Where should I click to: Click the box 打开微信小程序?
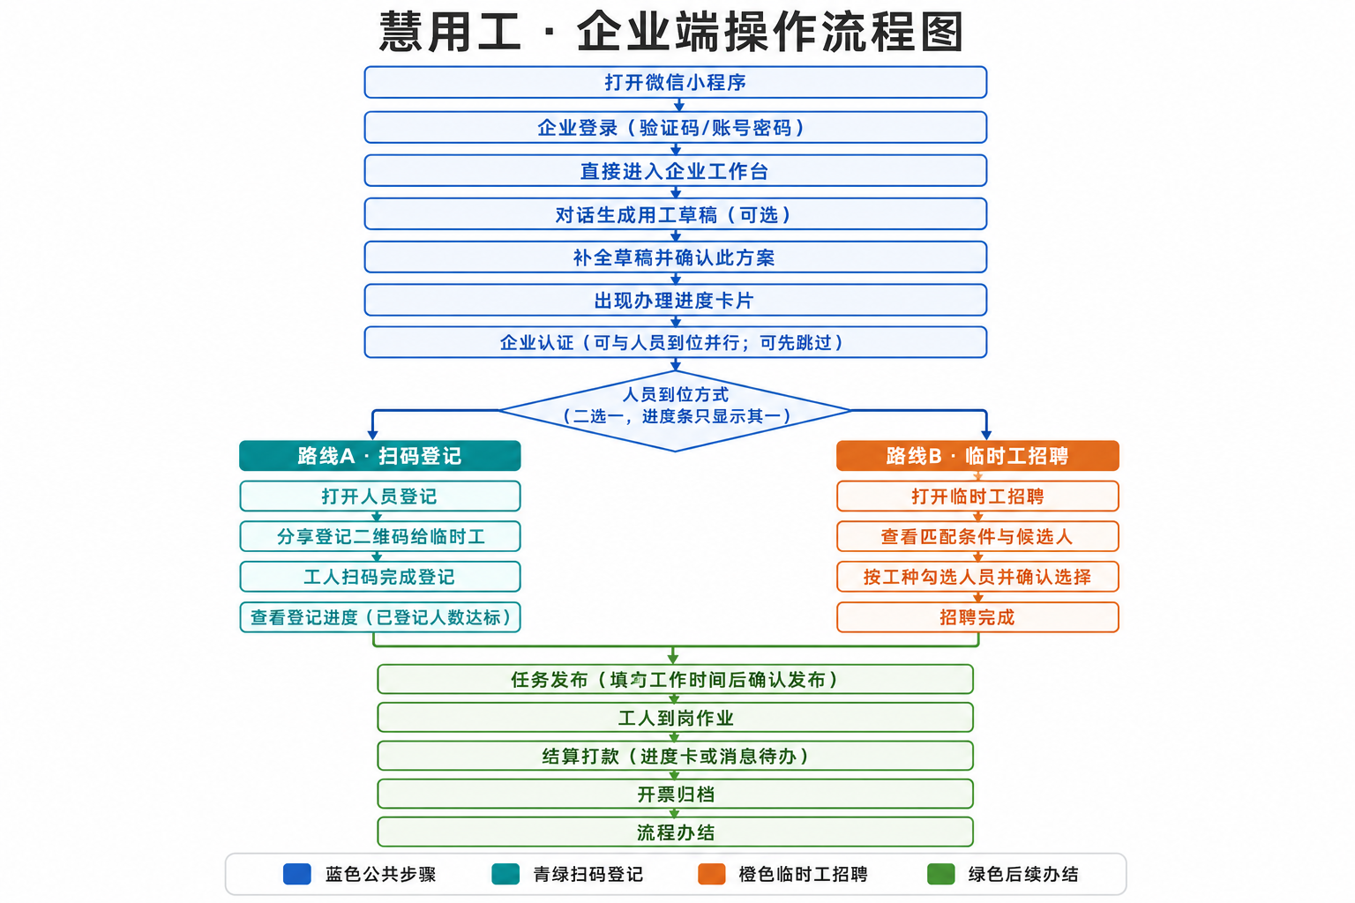675,82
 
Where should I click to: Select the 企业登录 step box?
675,127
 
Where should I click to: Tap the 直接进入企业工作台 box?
675,170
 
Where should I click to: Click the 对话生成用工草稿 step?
675,214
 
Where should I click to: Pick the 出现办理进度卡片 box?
675,300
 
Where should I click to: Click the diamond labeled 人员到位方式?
675,411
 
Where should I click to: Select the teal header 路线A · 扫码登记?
380,455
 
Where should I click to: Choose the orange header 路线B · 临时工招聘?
977,455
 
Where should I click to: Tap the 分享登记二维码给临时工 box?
380,536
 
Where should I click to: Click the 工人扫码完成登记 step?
380,577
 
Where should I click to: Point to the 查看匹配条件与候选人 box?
977,536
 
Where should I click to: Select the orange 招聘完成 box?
977,617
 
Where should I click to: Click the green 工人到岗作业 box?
675,717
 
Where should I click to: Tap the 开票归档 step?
675,794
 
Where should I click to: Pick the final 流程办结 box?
675,832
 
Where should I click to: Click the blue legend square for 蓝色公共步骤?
297,874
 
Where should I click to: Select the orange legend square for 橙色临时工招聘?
711,874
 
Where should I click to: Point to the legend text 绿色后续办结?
1023,874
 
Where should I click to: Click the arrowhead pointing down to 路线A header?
372,435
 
